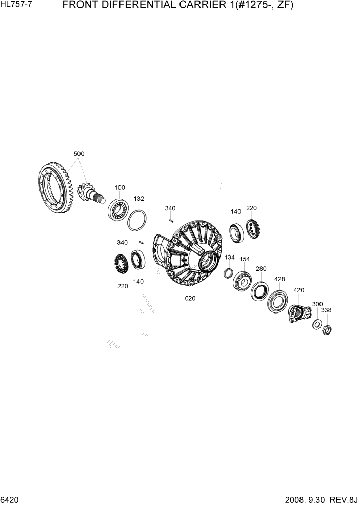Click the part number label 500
pos(79,154)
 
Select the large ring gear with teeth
pos(55,187)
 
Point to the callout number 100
pos(119,187)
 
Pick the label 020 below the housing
pos(190,298)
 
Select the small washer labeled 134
pos(228,273)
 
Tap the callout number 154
pos(245,259)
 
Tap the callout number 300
pos(317,304)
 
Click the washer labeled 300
pos(316,323)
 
